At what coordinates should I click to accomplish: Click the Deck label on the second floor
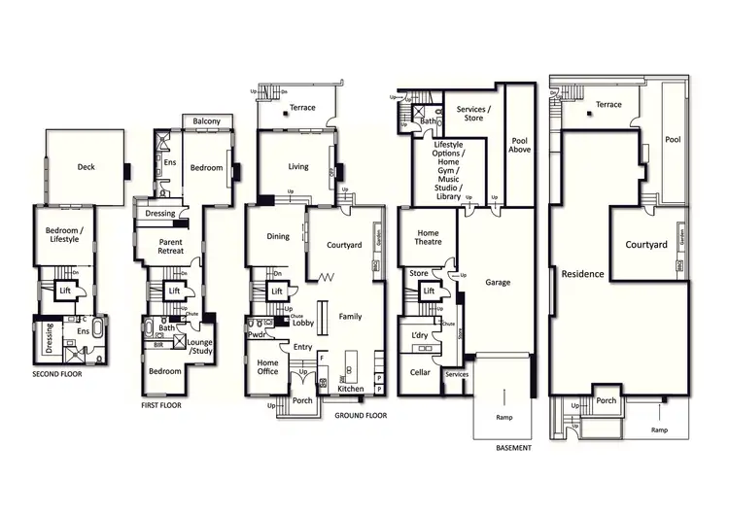tap(87, 167)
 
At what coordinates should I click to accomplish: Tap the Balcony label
tap(206, 121)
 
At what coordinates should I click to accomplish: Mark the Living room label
tap(298, 167)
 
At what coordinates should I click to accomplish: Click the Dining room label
tap(278, 236)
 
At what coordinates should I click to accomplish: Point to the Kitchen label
tap(351, 389)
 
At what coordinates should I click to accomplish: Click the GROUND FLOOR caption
tap(361, 415)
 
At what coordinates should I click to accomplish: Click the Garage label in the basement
tap(498, 283)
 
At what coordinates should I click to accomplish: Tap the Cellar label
tap(420, 372)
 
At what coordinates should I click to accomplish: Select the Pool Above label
tap(521, 147)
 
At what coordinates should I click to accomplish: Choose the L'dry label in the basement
tap(422, 335)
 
